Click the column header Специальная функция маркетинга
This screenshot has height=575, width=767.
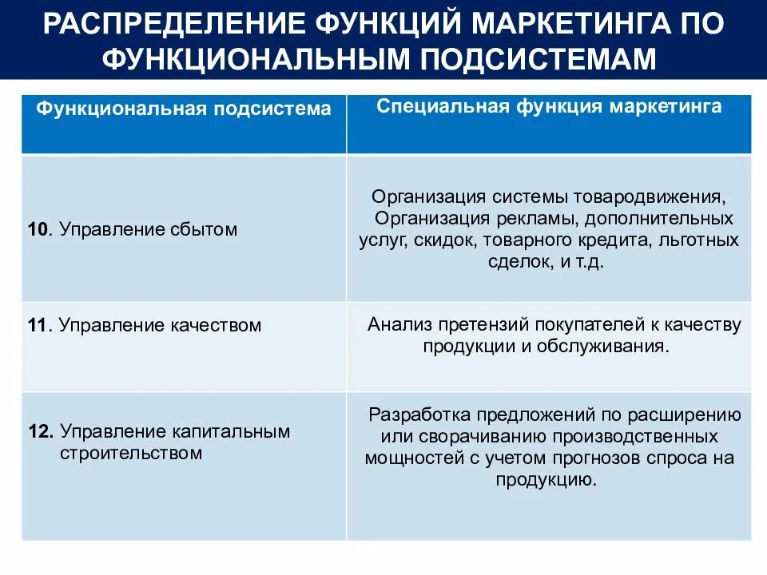pos(549,107)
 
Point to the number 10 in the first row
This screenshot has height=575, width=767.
pos(38,230)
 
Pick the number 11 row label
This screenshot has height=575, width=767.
pos(38,326)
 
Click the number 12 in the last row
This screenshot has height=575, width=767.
pos(40,432)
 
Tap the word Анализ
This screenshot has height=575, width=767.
pos(394,325)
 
